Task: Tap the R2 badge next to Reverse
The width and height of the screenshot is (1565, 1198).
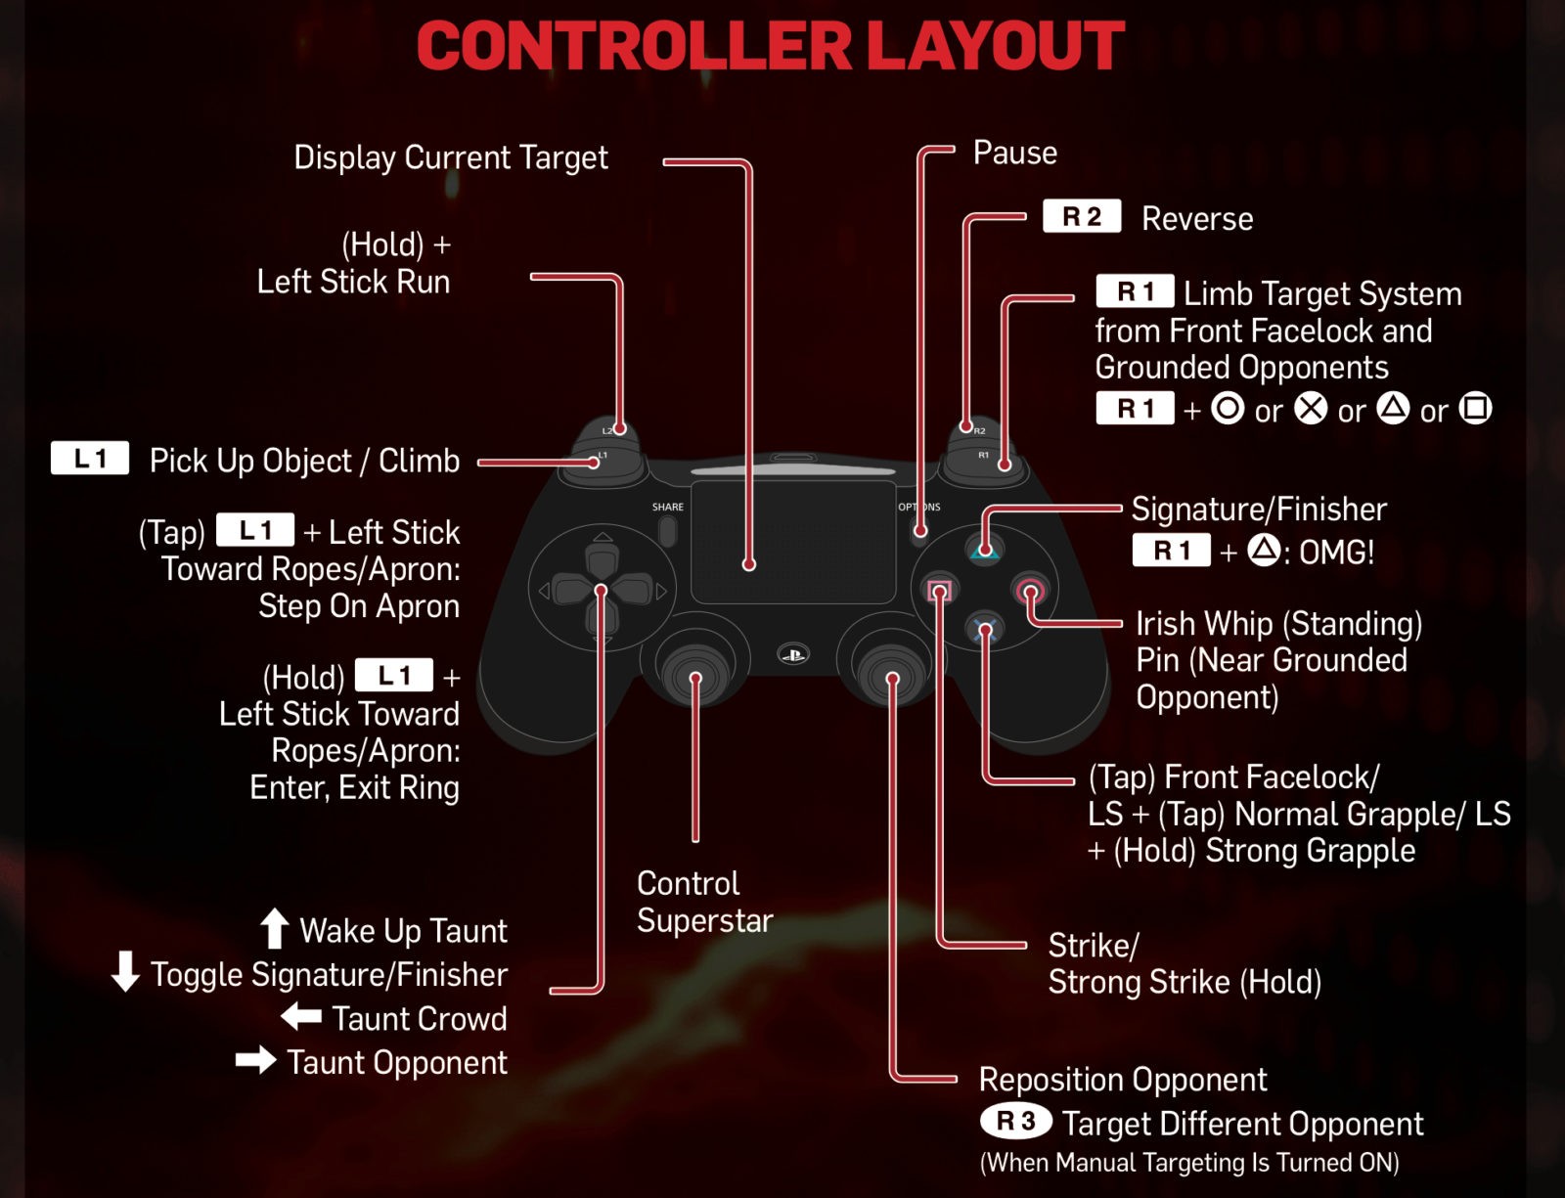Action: click(1082, 216)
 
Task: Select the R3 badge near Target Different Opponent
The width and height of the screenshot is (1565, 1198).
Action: click(1015, 1121)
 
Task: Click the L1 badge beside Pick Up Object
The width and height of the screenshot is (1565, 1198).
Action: click(90, 459)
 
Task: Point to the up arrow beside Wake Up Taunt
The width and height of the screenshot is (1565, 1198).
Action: click(275, 928)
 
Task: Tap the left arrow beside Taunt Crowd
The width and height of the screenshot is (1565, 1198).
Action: click(301, 1017)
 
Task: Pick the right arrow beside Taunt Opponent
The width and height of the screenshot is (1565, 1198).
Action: click(256, 1060)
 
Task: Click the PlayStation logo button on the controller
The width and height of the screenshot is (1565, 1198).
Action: click(793, 654)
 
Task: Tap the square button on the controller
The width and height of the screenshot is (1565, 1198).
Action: click(939, 591)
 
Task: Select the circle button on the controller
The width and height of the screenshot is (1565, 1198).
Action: click(1030, 591)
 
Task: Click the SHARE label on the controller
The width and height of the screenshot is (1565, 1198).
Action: click(668, 507)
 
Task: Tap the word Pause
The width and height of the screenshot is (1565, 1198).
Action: click(1014, 153)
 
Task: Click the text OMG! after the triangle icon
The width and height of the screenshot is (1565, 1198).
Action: click(1336, 553)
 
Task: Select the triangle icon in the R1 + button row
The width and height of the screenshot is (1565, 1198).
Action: click(1393, 408)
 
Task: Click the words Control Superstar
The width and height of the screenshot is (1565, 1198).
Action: click(704, 902)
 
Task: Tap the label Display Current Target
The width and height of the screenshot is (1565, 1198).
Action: click(451, 157)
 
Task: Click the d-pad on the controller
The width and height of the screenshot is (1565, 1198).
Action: click(602, 590)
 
